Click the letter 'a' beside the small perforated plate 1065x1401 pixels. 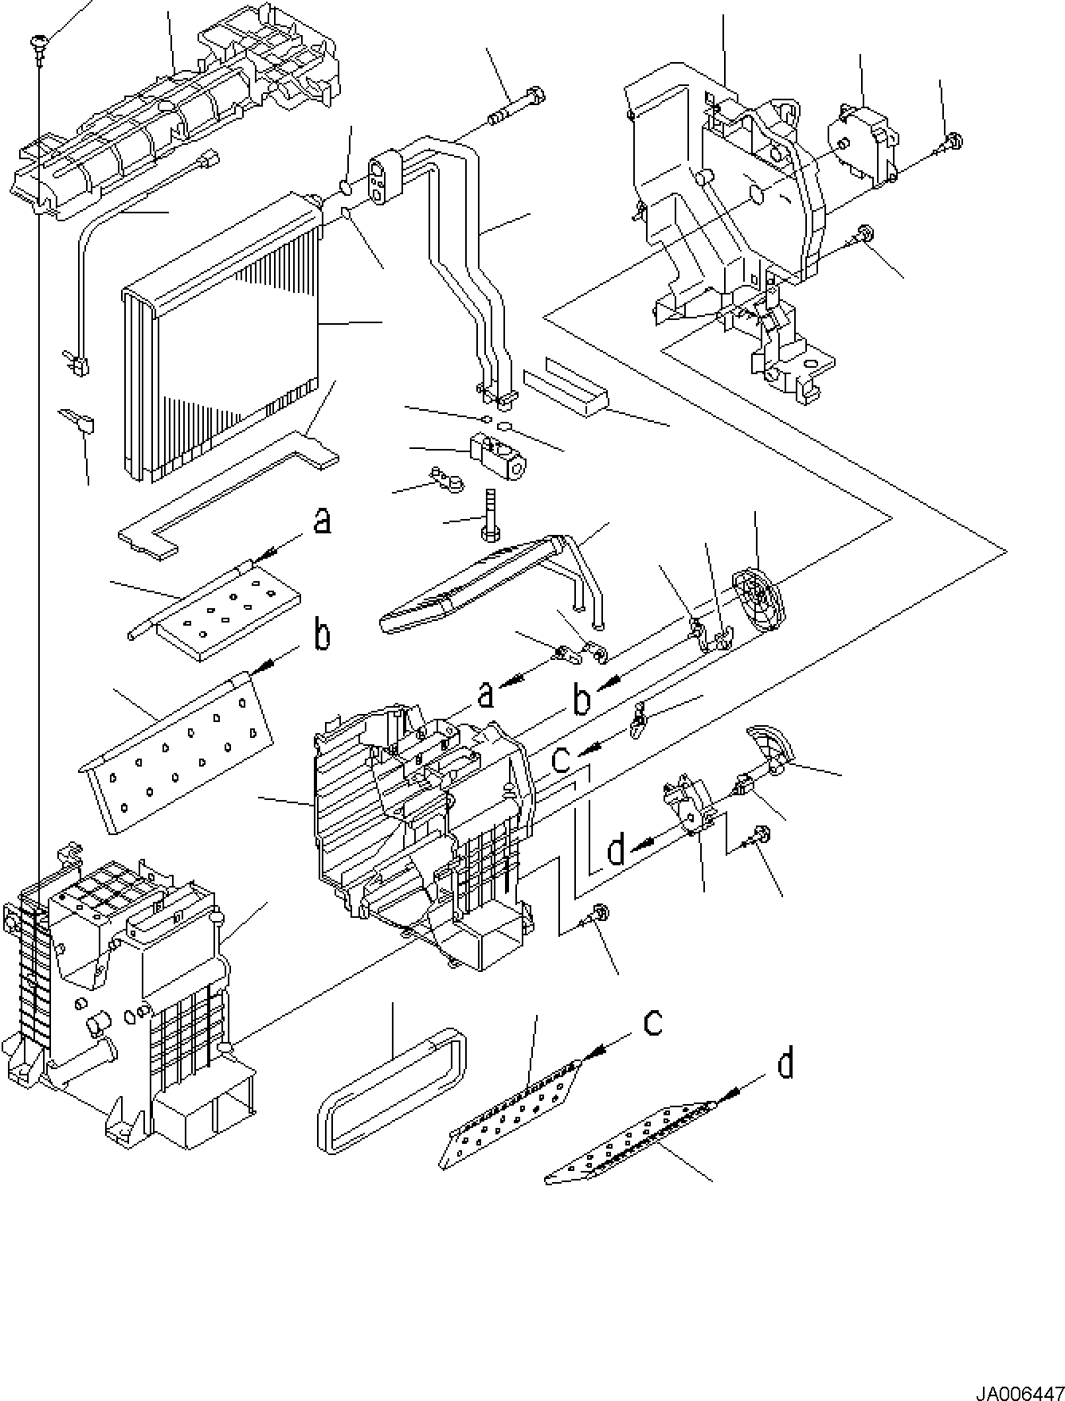(x=321, y=522)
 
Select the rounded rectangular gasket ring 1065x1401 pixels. (x=393, y=1087)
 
